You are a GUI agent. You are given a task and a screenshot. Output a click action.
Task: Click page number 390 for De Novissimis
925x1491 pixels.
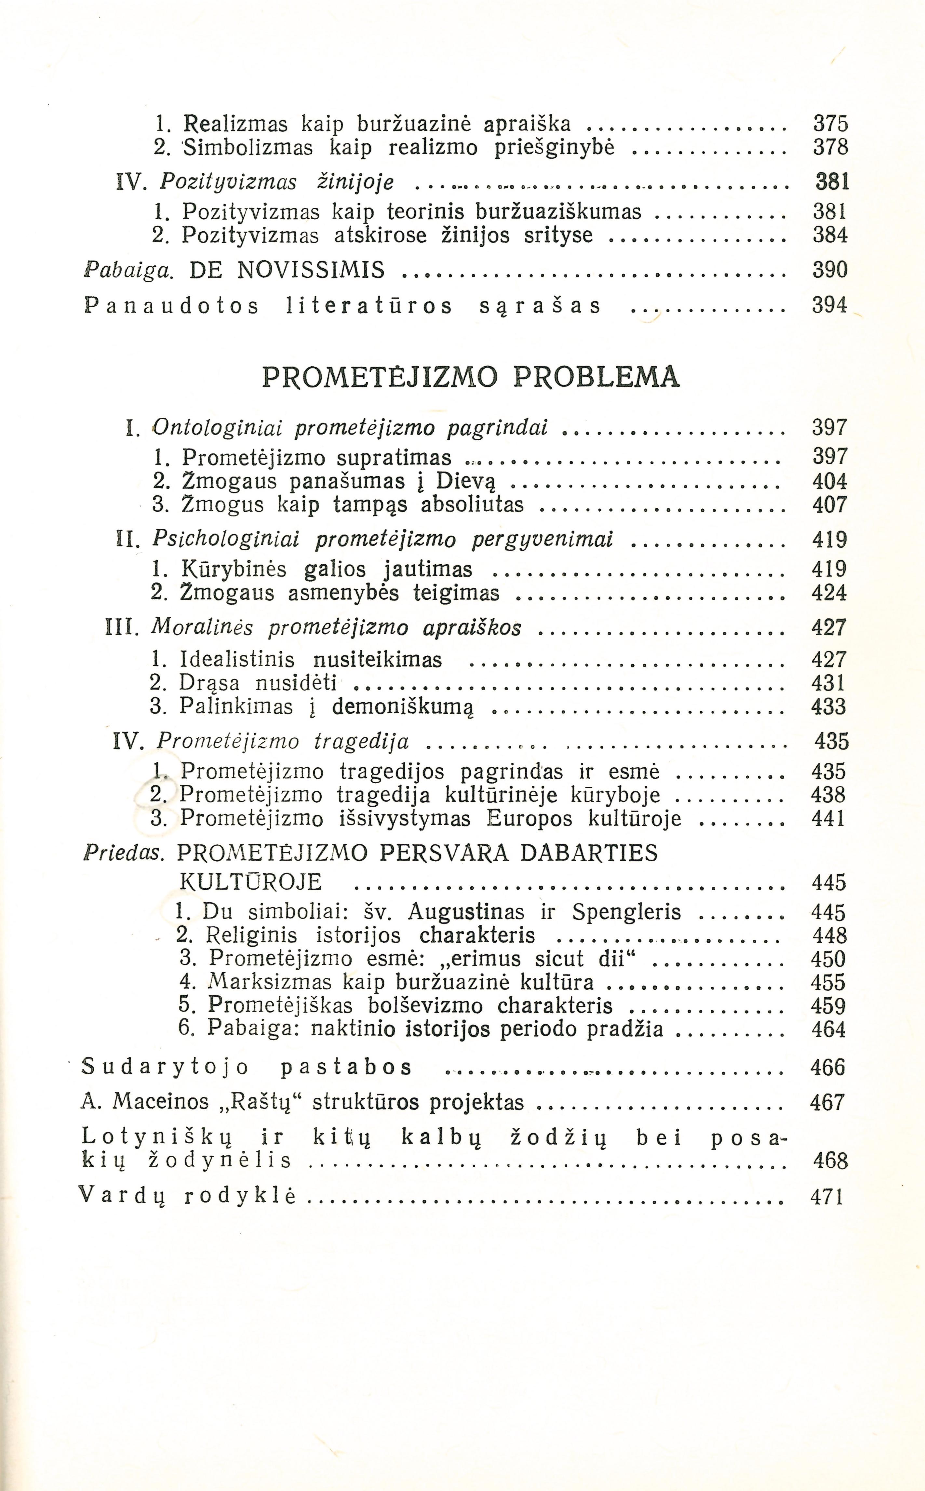click(x=830, y=270)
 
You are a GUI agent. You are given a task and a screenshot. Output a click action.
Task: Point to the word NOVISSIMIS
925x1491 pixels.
click(x=311, y=270)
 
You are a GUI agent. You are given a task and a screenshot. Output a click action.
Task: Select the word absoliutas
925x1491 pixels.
click(x=472, y=505)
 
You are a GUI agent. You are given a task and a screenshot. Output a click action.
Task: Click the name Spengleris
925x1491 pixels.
click(x=626, y=912)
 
